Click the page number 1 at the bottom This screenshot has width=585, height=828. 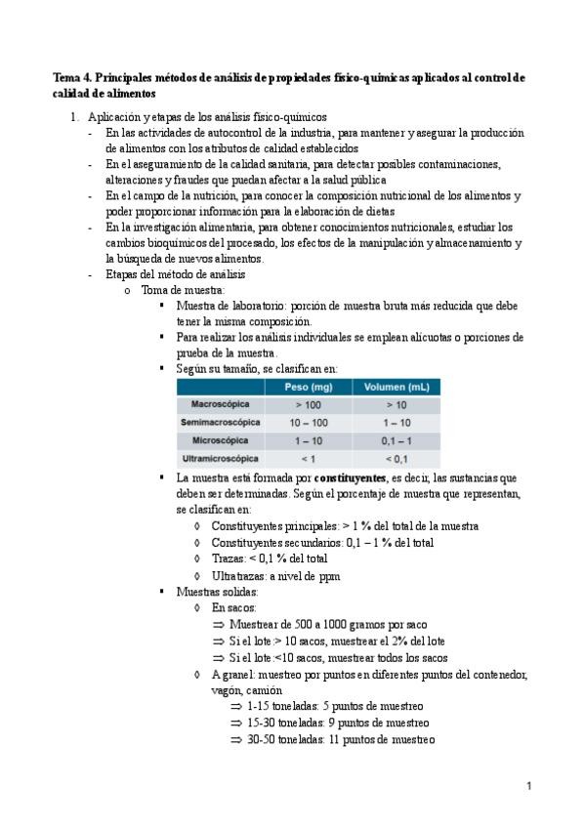point(527,785)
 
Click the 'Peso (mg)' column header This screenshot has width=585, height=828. point(309,387)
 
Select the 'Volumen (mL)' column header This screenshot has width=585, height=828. point(397,387)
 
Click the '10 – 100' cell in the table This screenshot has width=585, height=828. point(309,422)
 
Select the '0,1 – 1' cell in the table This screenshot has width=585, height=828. point(397,440)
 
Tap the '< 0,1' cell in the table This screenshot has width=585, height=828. point(397,458)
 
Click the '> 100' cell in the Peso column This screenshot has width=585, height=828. point(309,404)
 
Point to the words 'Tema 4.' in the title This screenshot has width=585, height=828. point(73,76)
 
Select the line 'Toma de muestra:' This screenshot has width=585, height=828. point(183,290)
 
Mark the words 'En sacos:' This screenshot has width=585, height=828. point(234,607)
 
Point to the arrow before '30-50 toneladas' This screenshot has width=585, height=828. point(236,739)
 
